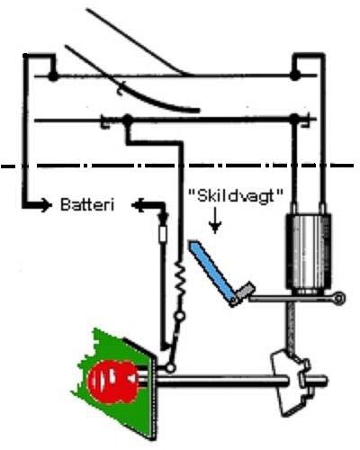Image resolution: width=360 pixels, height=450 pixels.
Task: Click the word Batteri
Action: [87, 204]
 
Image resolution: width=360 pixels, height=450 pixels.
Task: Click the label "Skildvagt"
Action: [236, 197]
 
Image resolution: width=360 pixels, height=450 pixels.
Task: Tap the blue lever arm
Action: [211, 271]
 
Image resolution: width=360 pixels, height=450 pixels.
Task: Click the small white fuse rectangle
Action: [163, 234]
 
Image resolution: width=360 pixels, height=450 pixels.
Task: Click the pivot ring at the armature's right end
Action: [339, 299]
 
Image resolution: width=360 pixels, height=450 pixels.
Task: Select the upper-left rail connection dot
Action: [53, 76]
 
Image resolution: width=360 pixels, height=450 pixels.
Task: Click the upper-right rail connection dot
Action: [295, 76]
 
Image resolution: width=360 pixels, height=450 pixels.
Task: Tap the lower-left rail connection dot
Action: [128, 120]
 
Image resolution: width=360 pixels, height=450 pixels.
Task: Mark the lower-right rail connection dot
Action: [295, 119]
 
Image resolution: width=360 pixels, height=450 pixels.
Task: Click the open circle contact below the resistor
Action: [180, 316]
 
